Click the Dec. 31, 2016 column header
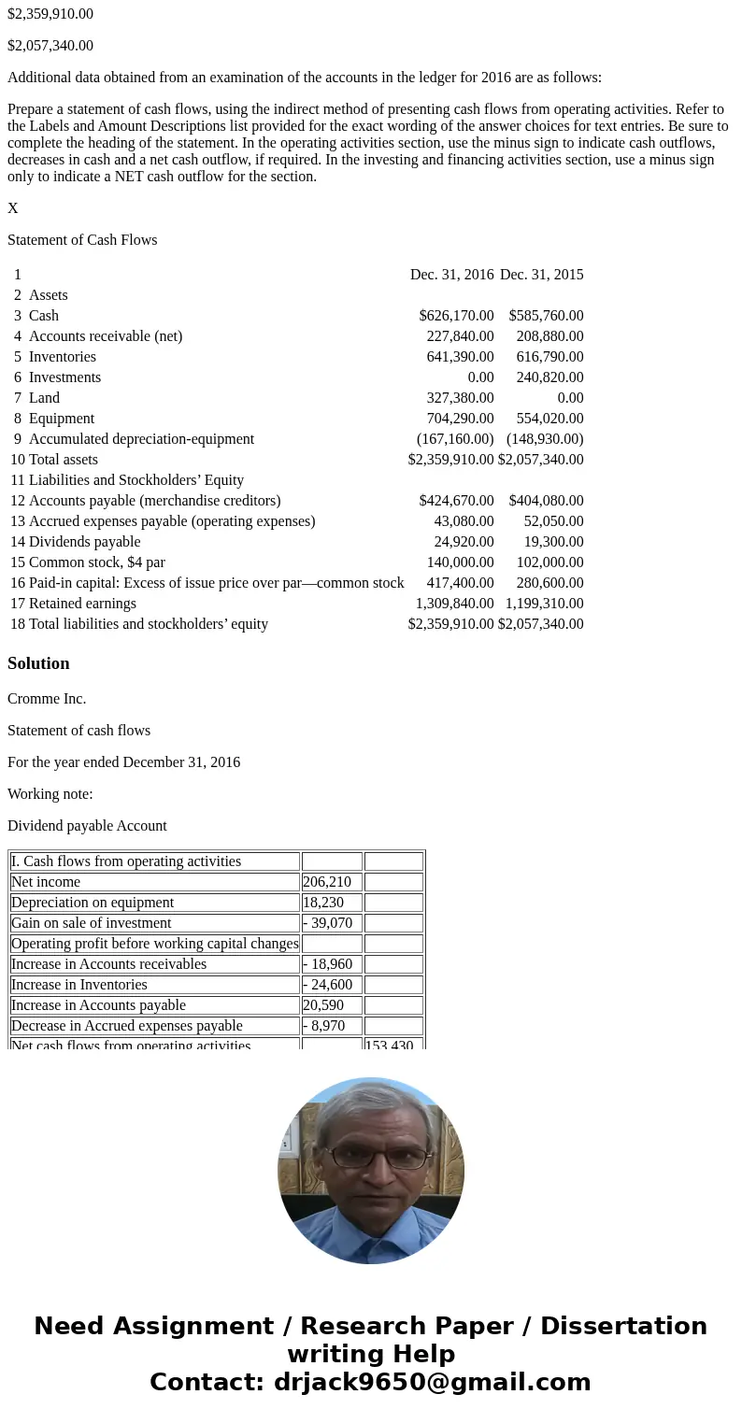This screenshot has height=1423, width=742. pyautogui.click(x=451, y=275)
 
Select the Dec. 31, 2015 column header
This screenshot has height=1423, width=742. pyautogui.click(x=541, y=275)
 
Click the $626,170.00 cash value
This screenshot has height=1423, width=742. pyautogui.click(x=456, y=316)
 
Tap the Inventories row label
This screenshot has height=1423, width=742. pyautogui.click(x=62, y=357)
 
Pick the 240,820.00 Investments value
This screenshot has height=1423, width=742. pyautogui.click(x=549, y=377)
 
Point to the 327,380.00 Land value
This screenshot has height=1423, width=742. pyautogui.click(x=460, y=398)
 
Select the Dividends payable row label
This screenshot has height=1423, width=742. pyautogui.click(x=84, y=542)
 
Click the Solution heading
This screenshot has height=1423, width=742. pyautogui.click(x=38, y=663)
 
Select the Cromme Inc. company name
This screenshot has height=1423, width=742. pyautogui.click(x=47, y=699)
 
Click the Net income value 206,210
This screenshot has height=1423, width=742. pyautogui.click(x=322, y=882)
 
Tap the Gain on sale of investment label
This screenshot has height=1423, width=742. pyautogui.click(x=92, y=923)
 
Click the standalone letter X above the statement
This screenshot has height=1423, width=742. pyautogui.click(x=13, y=208)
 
